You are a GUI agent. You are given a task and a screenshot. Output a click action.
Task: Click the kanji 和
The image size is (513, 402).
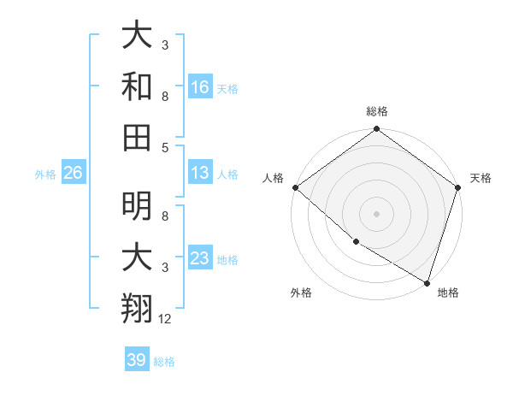(137, 86)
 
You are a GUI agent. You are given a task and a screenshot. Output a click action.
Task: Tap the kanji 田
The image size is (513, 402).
(137, 138)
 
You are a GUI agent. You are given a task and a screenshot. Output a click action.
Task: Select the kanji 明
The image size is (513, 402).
(137, 206)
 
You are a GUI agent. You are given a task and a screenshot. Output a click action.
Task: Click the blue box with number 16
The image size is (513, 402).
(200, 86)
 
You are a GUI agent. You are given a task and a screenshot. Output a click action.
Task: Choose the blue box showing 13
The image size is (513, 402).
(200, 173)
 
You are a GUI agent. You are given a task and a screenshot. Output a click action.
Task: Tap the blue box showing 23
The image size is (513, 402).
(200, 258)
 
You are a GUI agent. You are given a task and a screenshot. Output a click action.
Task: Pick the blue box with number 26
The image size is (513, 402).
(73, 173)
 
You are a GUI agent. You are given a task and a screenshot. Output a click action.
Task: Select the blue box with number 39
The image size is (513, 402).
(136, 360)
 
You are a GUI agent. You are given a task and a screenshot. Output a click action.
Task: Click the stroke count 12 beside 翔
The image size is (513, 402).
(165, 319)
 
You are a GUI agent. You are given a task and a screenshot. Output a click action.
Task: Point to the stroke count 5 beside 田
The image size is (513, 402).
(165, 147)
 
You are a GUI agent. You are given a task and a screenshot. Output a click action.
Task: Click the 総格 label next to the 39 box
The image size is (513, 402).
(165, 362)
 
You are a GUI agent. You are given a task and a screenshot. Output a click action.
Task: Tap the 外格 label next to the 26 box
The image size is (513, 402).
(45, 174)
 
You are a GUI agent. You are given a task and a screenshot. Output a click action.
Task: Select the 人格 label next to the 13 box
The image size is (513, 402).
(227, 174)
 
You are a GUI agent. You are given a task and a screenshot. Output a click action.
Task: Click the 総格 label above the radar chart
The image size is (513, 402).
(377, 111)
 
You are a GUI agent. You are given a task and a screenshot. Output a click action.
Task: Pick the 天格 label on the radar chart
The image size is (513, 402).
(481, 178)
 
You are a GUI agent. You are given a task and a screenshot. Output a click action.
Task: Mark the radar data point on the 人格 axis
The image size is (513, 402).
(295, 187)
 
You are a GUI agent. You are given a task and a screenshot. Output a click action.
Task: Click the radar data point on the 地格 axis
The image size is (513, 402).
(427, 281)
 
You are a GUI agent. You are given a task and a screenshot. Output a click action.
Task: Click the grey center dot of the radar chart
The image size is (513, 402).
(377, 214)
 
